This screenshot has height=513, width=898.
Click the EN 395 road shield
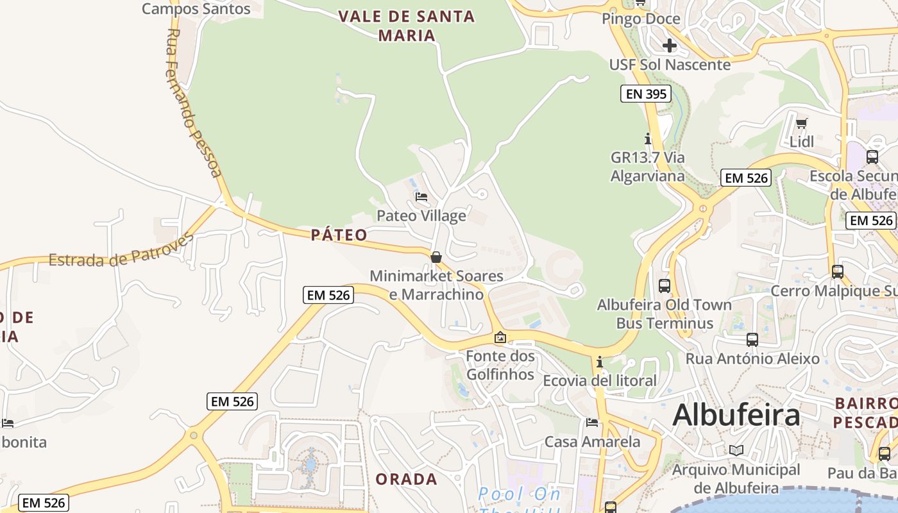point(646,94)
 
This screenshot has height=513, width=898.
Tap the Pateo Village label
point(421,215)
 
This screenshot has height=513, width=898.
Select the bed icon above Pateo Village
point(421,196)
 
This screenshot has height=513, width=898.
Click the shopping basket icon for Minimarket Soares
point(436,257)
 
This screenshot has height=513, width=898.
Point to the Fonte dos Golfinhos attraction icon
point(500,337)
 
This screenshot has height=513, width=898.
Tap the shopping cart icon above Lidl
point(801,123)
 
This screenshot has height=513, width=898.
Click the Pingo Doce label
point(641,19)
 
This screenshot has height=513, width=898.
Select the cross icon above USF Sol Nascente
point(670,46)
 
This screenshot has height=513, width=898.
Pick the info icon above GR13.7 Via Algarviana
point(648,139)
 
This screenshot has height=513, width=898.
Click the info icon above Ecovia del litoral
point(600,362)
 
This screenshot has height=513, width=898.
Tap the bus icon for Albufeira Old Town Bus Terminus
point(665,286)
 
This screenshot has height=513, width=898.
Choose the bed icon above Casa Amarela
point(592,423)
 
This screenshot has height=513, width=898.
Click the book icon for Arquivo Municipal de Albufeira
point(736,451)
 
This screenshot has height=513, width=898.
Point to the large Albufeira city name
point(736,415)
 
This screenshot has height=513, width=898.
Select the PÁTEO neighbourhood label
point(339,235)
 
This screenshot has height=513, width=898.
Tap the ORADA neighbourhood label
point(407,479)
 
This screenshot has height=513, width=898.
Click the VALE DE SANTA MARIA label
point(407,25)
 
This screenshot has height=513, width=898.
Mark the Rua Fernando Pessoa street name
point(194,103)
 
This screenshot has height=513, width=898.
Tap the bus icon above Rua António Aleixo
point(752,339)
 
